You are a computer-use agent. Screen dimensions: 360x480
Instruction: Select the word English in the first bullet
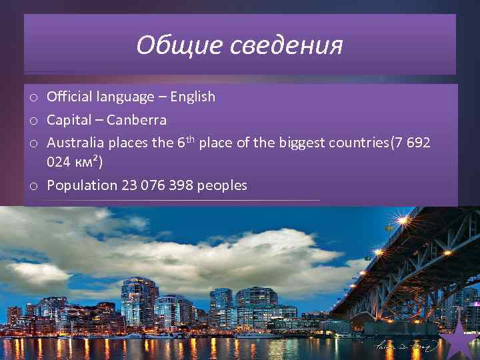(x=193, y=97)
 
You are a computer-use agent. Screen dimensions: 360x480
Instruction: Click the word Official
(x=69, y=97)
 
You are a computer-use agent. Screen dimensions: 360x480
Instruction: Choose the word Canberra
(x=136, y=121)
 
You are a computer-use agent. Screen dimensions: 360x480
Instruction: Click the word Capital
(x=69, y=121)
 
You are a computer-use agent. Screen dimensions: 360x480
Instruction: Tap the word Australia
(x=75, y=143)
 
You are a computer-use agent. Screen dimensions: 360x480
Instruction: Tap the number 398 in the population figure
(x=177, y=185)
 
